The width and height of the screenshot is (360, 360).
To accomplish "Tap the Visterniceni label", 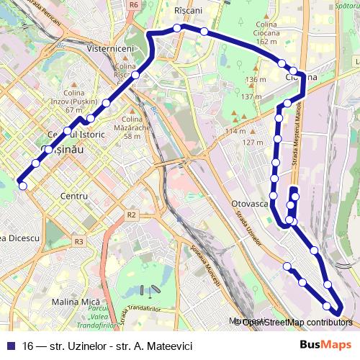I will tap(111, 48).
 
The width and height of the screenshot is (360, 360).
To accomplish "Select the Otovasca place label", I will tap(250, 204).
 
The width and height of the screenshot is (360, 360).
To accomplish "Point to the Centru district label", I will tap(75, 196).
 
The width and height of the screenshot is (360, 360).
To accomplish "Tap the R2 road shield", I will tap(131, 215).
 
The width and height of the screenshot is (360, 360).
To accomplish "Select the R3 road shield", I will tap(78, 242).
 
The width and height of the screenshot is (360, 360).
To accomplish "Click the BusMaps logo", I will tap(327, 345).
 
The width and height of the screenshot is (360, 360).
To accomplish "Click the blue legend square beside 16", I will tap(9, 346).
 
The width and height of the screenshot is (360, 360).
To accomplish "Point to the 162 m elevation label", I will tap(266, 42).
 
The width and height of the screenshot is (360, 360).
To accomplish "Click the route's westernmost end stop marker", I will tap(23, 186).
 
